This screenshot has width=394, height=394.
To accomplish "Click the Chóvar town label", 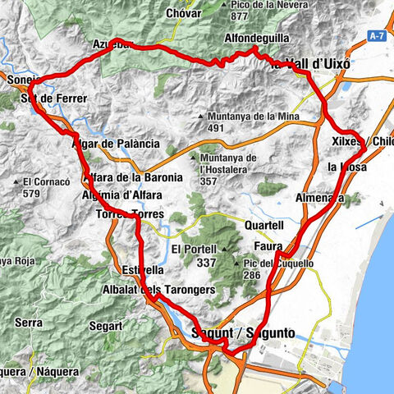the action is pos(183,13).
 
